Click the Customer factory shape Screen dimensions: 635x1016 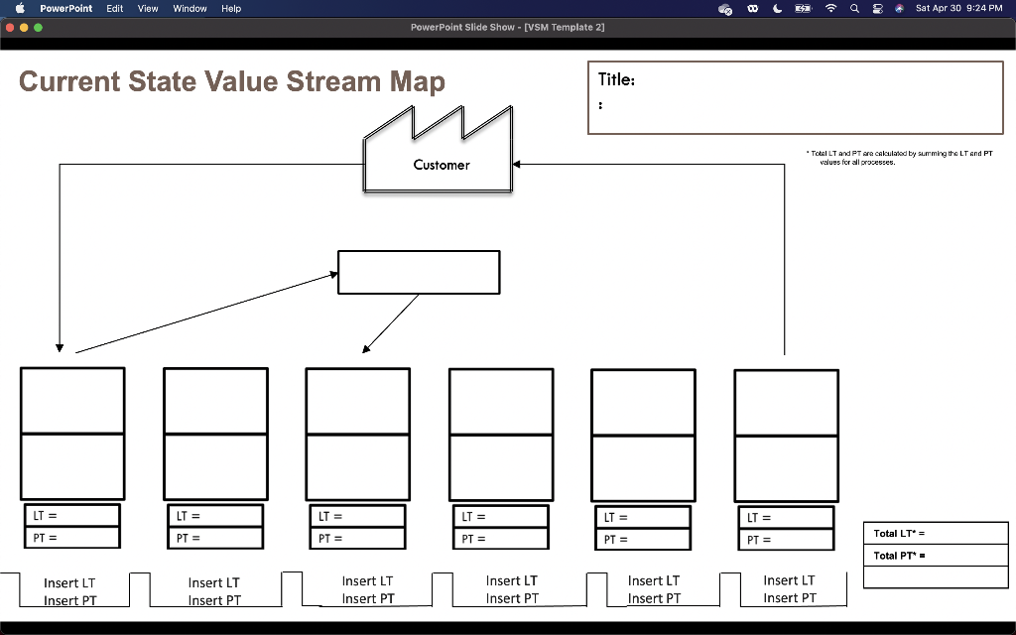coord(440,159)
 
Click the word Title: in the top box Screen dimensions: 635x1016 coord(616,80)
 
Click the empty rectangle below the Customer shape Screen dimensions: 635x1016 coord(419,272)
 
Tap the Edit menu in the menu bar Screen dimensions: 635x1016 coord(115,8)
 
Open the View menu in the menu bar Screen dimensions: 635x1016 coord(148,8)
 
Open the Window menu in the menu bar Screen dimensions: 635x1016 coord(190,8)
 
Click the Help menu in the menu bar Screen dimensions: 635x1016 coord(231,8)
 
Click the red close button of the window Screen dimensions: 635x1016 coord(11,28)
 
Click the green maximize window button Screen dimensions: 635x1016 coord(39,28)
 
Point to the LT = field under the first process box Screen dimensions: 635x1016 coord(71,515)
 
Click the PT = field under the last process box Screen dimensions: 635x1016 coord(785,540)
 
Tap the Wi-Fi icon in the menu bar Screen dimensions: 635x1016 coord(830,8)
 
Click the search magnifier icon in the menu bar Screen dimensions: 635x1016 coord(854,8)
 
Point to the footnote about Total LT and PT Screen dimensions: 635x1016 coord(901,158)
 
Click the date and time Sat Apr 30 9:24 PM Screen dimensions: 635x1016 coord(958,8)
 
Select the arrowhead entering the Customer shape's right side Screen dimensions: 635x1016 coord(517,165)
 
